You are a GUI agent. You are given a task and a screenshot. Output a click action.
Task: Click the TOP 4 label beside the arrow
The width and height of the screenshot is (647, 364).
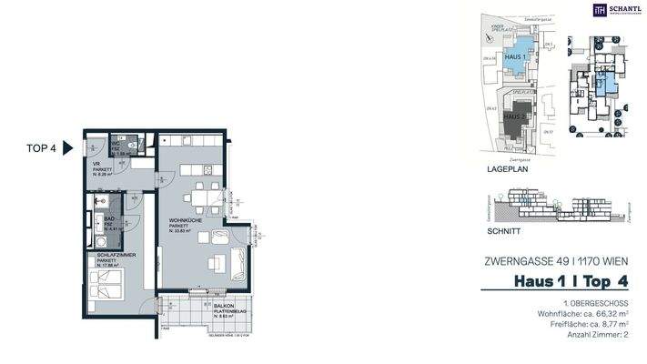(x=42, y=148)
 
